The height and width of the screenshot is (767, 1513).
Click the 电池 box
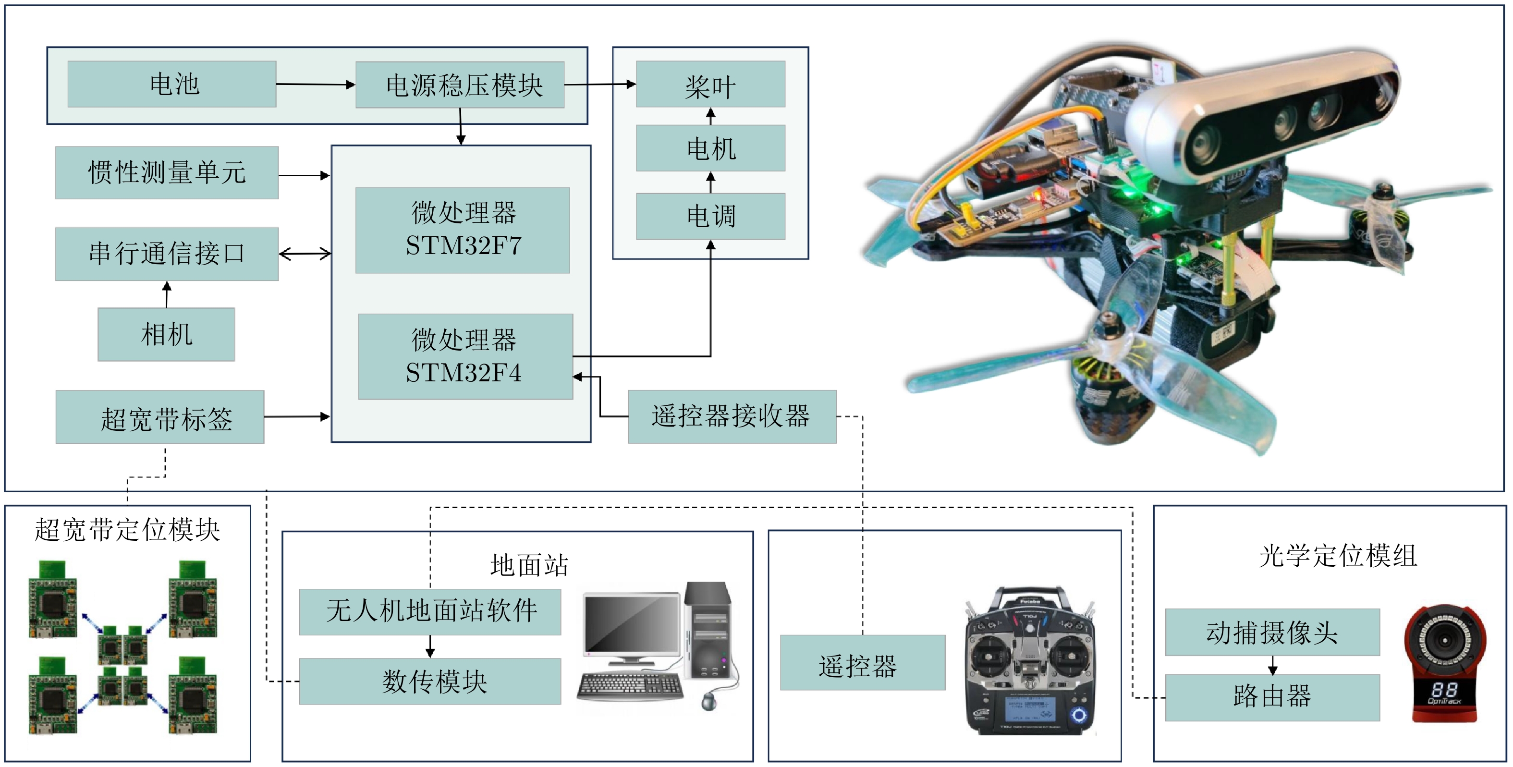coord(171,84)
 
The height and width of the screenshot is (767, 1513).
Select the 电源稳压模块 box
coord(460,85)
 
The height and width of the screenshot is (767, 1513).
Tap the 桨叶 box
coord(710,84)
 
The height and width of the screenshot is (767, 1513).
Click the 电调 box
coord(710,216)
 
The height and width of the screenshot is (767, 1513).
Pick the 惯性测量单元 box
coord(167,173)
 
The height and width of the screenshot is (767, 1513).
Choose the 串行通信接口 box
coord(167,254)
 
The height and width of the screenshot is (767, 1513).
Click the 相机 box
coord(166,334)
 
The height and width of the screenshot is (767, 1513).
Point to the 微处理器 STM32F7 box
coord(463,230)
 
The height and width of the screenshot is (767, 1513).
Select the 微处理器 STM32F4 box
coord(465,356)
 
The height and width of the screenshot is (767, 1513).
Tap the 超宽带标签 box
coord(160,417)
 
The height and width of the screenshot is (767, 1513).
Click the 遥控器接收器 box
coord(732,416)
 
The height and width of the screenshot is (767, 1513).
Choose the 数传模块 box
coord(430,681)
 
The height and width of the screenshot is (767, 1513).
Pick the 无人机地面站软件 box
coord(430,612)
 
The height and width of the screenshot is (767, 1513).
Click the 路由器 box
coord(1272,697)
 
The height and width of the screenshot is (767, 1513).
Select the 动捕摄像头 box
coord(1272,632)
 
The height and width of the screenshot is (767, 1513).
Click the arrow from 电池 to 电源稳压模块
coord(316,85)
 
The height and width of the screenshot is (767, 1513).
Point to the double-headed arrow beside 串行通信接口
coord(305,254)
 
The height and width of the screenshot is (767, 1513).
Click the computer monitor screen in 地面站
coord(632,624)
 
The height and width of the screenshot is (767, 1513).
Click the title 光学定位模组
coord(1338,556)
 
